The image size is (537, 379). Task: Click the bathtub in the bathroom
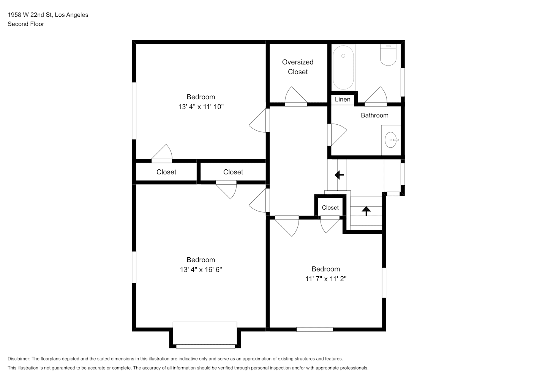[343, 67]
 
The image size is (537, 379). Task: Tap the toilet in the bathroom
[388, 55]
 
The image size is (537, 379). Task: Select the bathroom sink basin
[391, 140]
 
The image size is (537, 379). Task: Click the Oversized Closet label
[298, 67]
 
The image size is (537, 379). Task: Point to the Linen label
[343, 99]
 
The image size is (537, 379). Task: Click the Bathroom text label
[375, 115]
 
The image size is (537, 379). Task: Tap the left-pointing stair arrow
[340, 175]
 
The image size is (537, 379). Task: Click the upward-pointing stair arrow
[366, 211]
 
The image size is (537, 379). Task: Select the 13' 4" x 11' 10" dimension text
[201, 107]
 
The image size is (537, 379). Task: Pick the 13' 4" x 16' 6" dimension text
[201, 269]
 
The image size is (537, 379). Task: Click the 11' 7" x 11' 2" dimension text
[326, 279]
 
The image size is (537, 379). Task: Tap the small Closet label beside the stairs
[330, 208]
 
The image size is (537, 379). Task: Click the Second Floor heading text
[26, 24]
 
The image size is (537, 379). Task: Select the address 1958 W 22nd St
[30, 15]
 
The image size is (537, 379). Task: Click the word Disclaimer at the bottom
[19, 359]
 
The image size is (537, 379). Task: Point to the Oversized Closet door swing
[296, 96]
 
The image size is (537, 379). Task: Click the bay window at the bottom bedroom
[205, 335]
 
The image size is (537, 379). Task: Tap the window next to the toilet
[403, 82]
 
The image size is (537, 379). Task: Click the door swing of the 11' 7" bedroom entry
[287, 226]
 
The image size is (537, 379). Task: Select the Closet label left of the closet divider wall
[166, 172]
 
